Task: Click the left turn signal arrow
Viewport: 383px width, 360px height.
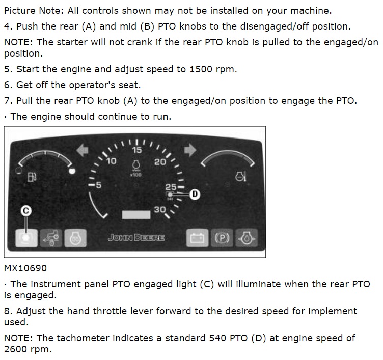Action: (83, 150)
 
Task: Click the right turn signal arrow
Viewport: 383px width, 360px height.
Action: (190, 150)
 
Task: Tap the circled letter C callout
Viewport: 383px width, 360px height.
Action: (26, 211)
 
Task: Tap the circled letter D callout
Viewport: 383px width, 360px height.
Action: (195, 194)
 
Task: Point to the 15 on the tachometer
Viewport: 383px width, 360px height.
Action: (137, 150)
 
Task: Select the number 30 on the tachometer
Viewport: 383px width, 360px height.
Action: (160, 210)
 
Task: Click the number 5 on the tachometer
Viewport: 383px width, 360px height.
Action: (98, 185)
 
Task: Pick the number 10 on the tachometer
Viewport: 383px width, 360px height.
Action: (112, 161)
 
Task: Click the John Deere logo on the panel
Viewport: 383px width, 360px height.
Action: (136, 238)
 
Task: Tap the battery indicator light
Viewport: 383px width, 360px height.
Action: (198, 238)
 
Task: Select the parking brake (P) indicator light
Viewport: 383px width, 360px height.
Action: (222, 238)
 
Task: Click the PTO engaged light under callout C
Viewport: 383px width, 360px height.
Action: (26, 238)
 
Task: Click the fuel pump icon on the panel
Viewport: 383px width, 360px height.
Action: (32, 177)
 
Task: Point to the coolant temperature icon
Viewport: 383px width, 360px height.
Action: (240, 176)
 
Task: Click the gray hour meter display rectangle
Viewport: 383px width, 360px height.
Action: (136, 215)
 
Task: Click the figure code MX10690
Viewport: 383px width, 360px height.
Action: (25, 268)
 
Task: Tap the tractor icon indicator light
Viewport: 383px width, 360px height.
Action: (51, 238)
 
